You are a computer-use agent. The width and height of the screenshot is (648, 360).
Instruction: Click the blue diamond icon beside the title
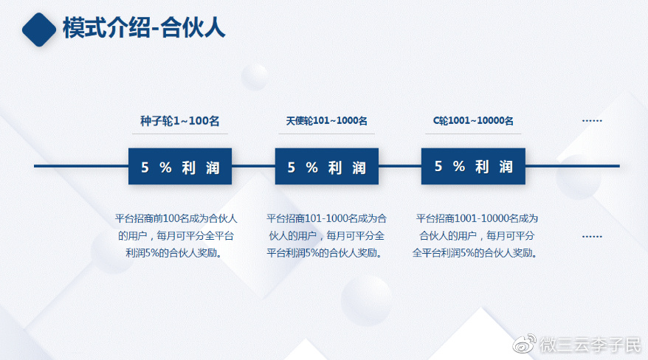38,30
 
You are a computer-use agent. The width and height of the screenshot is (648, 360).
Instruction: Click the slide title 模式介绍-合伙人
144,28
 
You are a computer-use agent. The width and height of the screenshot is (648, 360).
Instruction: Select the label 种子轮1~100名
180,121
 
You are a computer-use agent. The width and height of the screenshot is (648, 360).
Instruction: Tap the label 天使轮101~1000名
326,121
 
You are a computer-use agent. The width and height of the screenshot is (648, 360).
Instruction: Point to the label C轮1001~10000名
473,121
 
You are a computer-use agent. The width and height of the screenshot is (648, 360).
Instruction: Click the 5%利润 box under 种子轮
180,167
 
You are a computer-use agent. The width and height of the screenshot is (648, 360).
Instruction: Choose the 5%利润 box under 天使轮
326,167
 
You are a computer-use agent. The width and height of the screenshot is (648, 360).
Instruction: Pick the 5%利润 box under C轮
473,167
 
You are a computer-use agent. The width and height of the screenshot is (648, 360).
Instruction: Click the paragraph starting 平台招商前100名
177,235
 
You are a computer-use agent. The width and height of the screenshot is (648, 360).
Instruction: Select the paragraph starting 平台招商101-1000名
326,235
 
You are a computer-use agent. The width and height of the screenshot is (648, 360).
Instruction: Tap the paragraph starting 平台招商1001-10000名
476,235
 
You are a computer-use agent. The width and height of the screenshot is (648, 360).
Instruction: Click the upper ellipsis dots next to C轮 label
592,120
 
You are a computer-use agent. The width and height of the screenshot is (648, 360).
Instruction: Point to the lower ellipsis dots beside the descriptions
592,237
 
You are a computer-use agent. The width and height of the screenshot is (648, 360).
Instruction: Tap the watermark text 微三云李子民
590,344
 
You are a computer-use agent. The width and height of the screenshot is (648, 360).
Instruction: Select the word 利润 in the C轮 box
494,167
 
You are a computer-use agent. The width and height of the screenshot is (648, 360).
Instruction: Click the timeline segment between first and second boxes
253,166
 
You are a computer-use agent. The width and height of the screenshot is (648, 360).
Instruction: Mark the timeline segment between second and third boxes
399,166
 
